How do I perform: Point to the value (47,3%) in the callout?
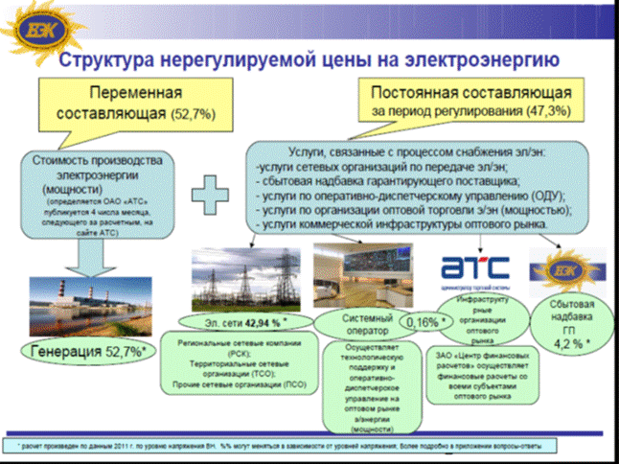[543, 112]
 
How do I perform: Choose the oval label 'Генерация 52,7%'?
[92, 350]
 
